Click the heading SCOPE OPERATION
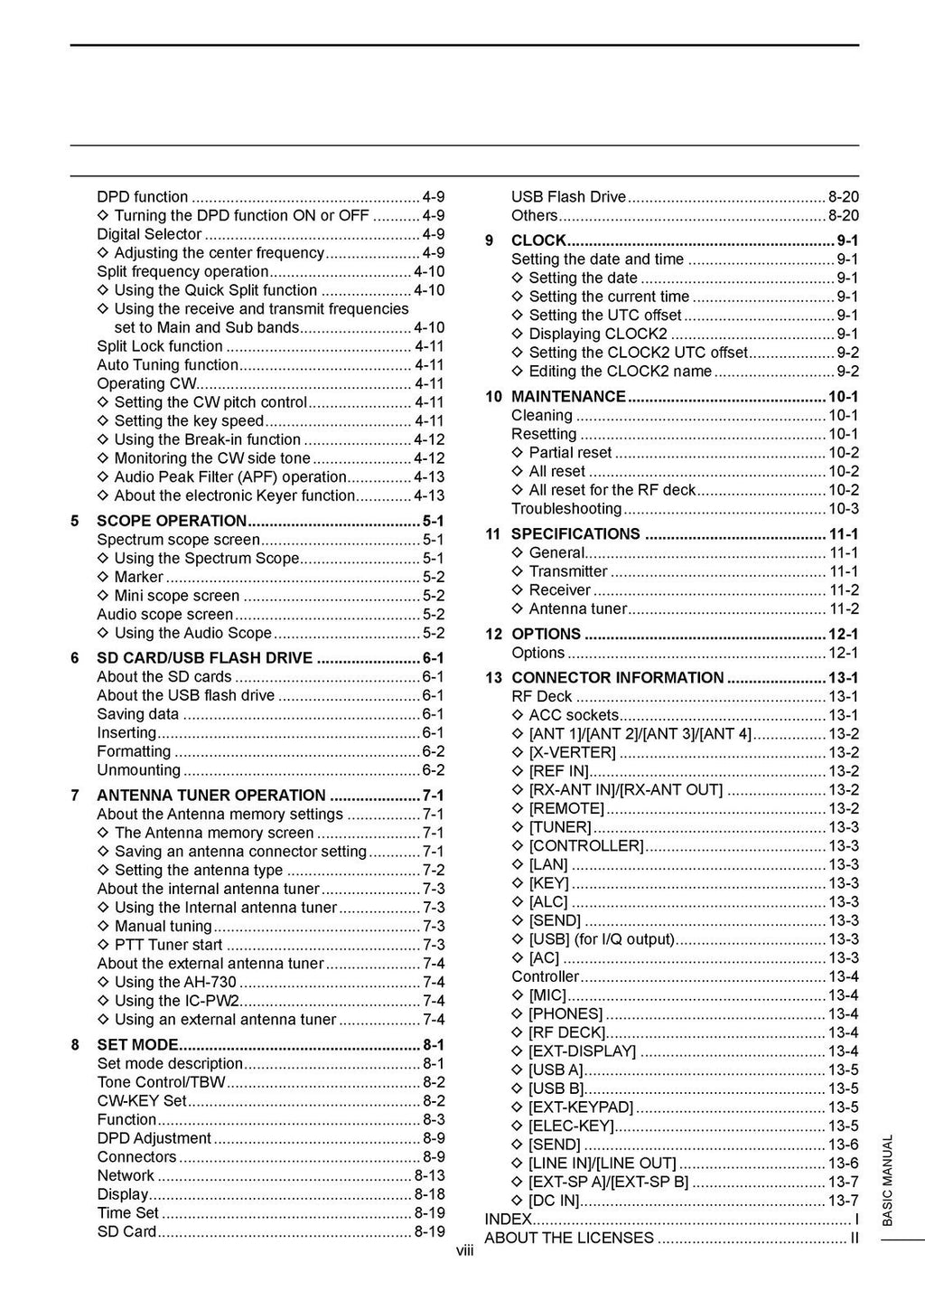(x=172, y=521)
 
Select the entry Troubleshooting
(x=566, y=509)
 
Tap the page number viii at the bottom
(x=464, y=1251)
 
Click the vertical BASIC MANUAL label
(x=887, y=1180)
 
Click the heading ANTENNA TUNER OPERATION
(x=211, y=796)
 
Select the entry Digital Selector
(x=149, y=234)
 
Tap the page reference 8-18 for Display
(x=429, y=1194)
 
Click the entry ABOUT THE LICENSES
(x=569, y=1238)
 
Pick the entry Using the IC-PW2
(x=176, y=1001)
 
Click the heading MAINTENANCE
(x=568, y=397)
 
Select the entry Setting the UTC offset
(x=604, y=316)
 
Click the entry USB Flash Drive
(x=568, y=197)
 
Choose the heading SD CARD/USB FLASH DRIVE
(x=205, y=658)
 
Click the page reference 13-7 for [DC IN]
(x=843, y=1201)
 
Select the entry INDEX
(x=508, y=1220)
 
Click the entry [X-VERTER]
(x=572, y=753)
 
